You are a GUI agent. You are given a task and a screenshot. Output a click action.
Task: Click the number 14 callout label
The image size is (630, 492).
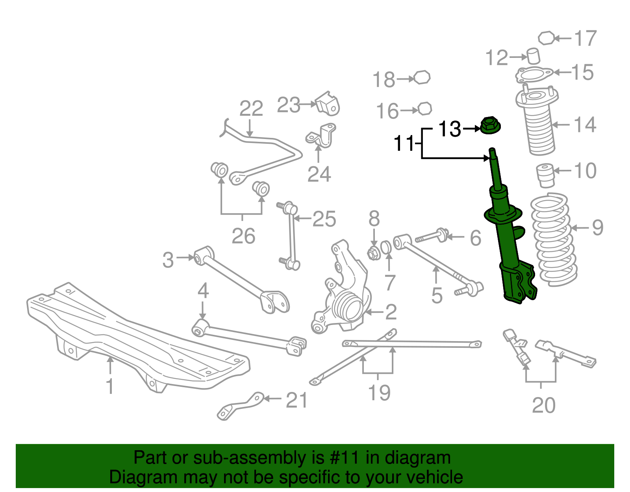pos(585,125)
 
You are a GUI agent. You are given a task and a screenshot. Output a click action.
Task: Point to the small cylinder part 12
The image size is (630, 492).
pos(534,56)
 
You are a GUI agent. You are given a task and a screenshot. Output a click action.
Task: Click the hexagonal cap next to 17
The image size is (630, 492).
pos(546,38)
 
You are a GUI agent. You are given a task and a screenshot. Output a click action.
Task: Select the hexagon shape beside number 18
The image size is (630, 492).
pos(422,78)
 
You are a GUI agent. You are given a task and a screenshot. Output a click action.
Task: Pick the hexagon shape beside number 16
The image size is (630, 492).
pos(424,108)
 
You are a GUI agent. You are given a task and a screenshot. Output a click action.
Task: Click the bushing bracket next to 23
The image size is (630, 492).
pos(328,104)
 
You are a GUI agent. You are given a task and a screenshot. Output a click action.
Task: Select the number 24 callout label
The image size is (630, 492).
pos(319,174)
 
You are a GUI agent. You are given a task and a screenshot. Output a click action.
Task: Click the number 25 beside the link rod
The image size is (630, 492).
pos(324,219)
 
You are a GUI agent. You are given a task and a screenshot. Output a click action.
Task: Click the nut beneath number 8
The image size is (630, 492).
pos(374,253)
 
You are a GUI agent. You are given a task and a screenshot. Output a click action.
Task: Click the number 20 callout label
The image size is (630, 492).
pos(543,405)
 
